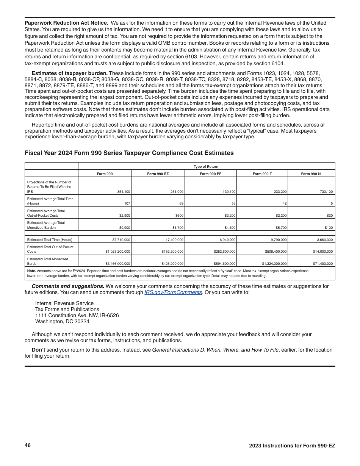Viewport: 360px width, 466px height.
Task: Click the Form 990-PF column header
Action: pos(210,174)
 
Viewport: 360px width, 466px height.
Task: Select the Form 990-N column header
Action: pos(311,174)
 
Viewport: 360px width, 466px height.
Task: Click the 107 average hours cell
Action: pos(127,203)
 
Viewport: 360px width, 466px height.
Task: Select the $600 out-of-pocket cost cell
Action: pos(179,216)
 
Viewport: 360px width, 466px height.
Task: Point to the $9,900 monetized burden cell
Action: pos(124,228)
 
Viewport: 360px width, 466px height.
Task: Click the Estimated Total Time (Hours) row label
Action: pos(50,239)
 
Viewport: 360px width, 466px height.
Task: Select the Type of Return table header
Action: pos(206,167)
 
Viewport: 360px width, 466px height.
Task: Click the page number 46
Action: pos(28,445)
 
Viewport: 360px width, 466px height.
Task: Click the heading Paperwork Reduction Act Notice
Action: pos(66,23)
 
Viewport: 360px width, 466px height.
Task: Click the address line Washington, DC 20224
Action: pos(62,321)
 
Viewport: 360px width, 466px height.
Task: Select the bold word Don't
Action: pos(38,350)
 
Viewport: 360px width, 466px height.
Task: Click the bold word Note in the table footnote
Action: pos(31,271)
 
